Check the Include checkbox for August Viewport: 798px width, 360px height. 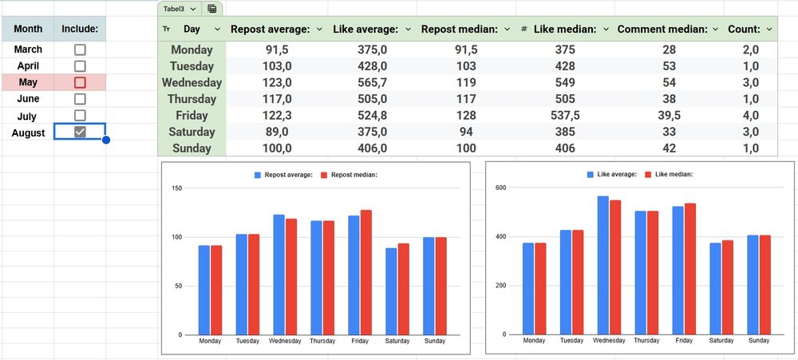coord(80,133)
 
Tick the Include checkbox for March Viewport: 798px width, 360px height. coord(80,49)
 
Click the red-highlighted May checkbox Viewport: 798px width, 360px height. coord(80,82)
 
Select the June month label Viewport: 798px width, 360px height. coord(28,99)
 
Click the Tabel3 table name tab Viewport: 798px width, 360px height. coord(180,9)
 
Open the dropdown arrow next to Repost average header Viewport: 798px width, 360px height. coord(319,29)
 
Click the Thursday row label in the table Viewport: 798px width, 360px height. coord(192,99)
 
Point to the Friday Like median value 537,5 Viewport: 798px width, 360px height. coord(565,115)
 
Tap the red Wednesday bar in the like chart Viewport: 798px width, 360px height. coord(616,267)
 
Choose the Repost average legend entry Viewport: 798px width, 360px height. coord(283,174)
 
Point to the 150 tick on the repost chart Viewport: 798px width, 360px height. coord(178,188)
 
